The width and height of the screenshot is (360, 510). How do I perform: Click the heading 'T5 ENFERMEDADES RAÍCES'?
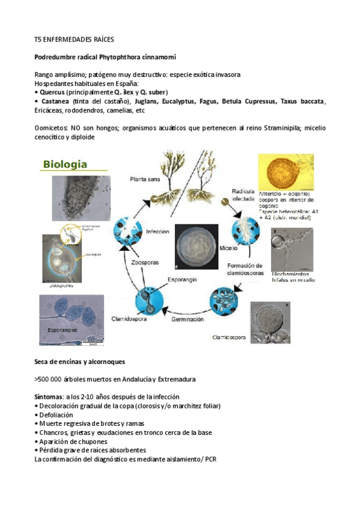click(x=74, y=40)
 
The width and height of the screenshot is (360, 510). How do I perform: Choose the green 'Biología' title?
click(x=64, y=164)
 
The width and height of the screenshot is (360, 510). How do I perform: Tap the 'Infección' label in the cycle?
click(x=157, y=230)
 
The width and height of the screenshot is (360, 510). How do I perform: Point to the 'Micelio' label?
click(x=228, y=248)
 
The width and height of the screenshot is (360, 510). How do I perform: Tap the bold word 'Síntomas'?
click(x=50, y=397)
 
